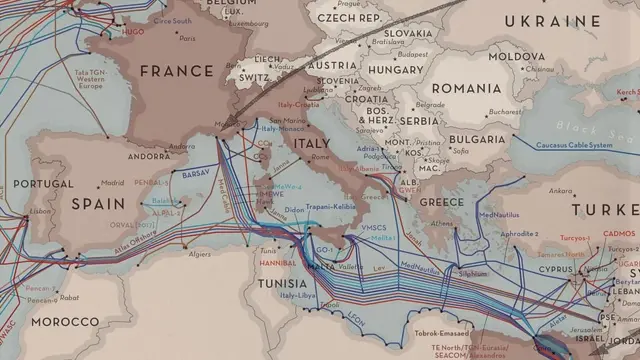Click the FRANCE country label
tap(177, 70)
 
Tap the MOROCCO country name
tap(65, 322)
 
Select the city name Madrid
tap(112, 183)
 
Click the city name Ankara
tap(560, 190)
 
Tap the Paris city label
tap(187, 38)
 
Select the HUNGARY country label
tap(392, 70)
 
